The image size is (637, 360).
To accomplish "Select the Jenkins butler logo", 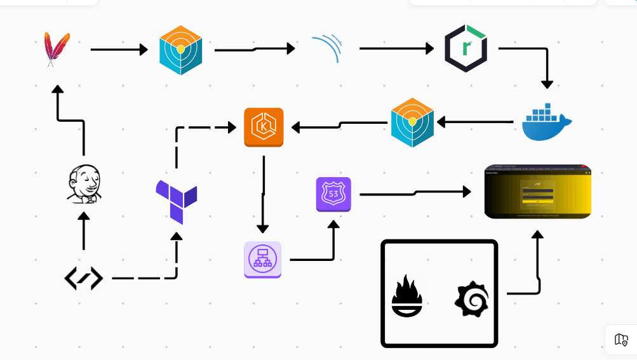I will (84, 184).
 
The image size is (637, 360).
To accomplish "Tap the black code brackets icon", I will (84, 278).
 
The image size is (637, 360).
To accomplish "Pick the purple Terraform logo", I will (176, 201).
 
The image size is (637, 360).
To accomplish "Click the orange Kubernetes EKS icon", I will (264, 127).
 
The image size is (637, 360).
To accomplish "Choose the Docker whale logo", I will (546, 122).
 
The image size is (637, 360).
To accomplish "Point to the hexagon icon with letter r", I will (466, 48).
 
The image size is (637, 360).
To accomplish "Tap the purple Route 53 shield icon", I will (333, 194).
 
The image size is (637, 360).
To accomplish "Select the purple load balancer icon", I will (262, 259).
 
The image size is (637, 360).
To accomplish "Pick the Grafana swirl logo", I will (473, 299).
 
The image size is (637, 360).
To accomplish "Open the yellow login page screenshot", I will (537, 191).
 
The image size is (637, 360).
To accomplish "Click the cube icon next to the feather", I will (180, 50).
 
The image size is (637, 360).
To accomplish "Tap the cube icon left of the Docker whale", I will (412, 123).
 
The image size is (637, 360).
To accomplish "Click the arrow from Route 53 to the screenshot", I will (413, 192).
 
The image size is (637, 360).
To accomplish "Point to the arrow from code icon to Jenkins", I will (83, 232).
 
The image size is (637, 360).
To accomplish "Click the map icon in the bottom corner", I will (621, 340).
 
